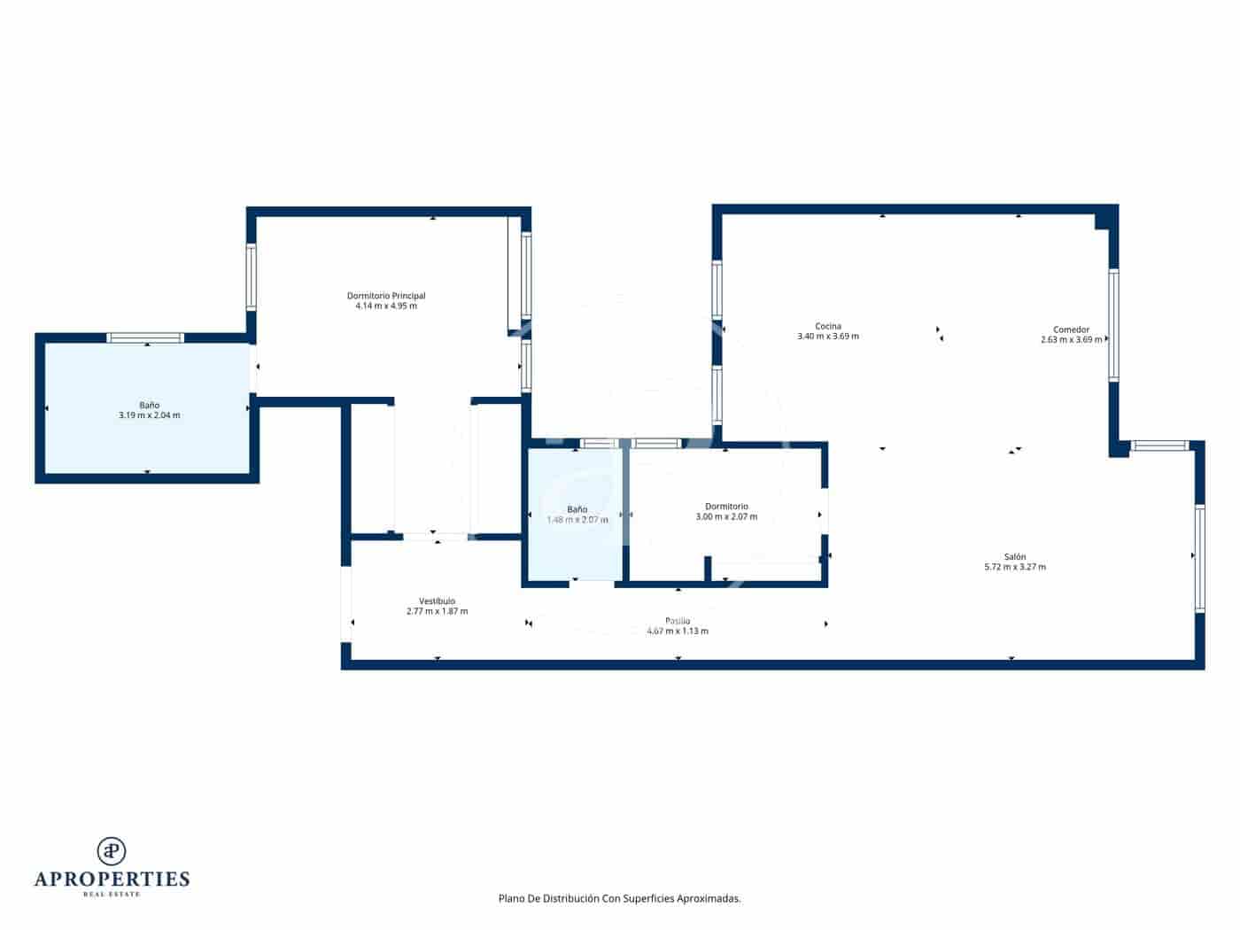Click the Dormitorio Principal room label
coord(386,296)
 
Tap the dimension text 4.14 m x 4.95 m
coord(386,306)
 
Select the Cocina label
coord(828,326)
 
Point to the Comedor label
coord(1071,329)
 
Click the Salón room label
coord(1015,557)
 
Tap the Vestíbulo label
coord(437,601)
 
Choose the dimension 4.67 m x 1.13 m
coord(678,632)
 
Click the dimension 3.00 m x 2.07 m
coord(726,517)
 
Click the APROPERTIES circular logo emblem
coord(112,851)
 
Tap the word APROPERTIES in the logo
coord(112,880)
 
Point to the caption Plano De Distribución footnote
coord(619,898)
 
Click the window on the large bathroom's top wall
coord(145,337)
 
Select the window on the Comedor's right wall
coord(1113,325)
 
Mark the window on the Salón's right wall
coord(1199,558)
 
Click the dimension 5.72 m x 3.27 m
coord(1015,568)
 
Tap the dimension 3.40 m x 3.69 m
coord(828,337)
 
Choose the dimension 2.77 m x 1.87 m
coord(437,612)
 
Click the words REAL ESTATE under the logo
coord(112,895)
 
